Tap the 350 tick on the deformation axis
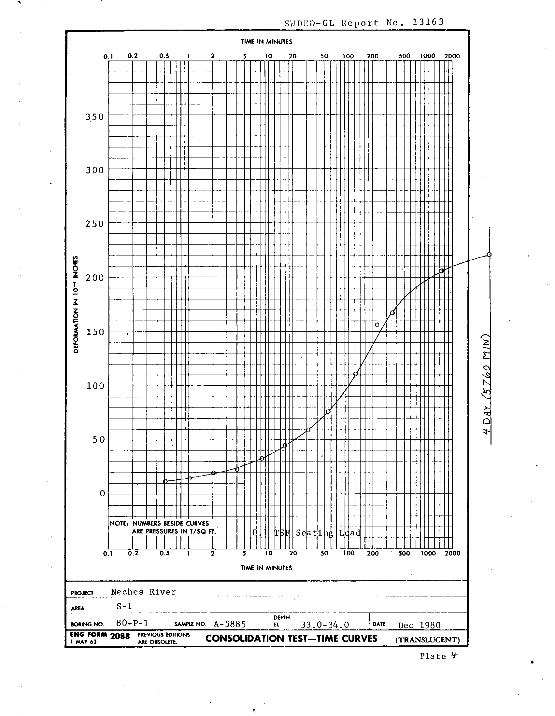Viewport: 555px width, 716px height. [94, 117]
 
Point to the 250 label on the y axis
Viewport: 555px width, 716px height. [94, 224]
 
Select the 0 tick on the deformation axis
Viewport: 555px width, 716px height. [102, 493]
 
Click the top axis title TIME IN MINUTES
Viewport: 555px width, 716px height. [266, 42]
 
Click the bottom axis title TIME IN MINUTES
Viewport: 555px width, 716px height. [266, 568]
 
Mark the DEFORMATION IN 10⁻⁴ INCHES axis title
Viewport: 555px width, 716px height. [76, 304]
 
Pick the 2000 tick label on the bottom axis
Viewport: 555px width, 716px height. [452, 553]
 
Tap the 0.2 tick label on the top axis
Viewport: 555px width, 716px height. [133, 56]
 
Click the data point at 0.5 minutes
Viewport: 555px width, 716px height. [165, 481]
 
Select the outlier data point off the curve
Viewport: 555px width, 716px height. [377, 325]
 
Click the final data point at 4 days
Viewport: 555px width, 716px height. [489, 255]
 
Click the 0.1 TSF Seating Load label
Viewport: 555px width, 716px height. [306, 533]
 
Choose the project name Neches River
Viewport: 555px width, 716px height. [143, 592]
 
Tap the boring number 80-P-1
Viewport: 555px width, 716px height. [132, 623]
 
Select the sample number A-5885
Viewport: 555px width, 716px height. [230, 624]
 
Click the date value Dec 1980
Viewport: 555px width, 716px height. [419, 625]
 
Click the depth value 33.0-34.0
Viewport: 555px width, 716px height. [325, 625]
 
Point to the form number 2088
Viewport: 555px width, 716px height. [120, 636]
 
